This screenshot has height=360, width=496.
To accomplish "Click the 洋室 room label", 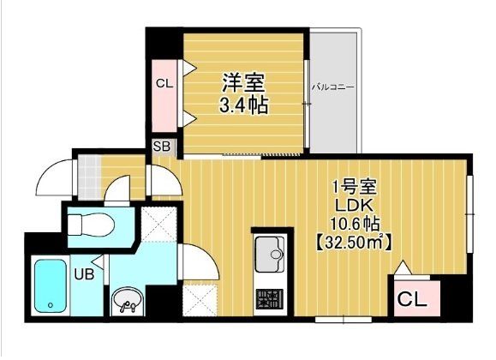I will pos(244,83).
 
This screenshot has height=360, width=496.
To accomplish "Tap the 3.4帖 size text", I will pos(244,106).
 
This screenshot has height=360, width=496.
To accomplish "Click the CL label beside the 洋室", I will pos(164,83).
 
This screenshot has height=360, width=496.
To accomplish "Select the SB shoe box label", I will pos(162,147).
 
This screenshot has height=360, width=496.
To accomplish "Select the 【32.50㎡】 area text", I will pos(352,243).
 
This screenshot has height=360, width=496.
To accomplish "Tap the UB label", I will pos(84,274).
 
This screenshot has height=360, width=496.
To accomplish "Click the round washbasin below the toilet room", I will pos(127,299).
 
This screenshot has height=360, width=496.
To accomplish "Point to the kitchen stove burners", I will pos(270,300).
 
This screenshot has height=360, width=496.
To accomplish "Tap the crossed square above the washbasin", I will pos(158,225).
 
